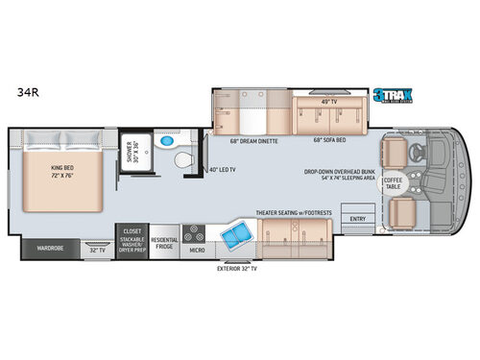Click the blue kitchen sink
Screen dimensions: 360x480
click(x=233, y=235)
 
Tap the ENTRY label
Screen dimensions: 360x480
click(x=358, y=218)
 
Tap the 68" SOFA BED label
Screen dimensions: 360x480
click(x=329, y=142)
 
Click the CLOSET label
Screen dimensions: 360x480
click(x=132, y=231)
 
